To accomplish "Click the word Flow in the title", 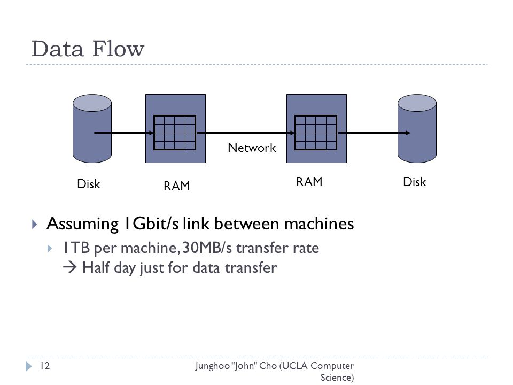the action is pyautogui.click(x=118, y=49).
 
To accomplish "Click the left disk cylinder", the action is pyautogui.click(x=92, y=129).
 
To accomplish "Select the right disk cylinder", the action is pyautogui.click(x=417, y=129).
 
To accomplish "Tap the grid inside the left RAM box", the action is pyautogui.click(x=175, y=133).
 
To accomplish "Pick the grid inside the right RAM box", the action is pyautogui.click(x=316, y=133).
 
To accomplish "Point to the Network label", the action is pyautogui.click(x=252, y=148).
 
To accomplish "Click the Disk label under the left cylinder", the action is pyautogui.click(x=89, y=184).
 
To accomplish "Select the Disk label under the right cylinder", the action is pyautogui.click(x=415, y=182).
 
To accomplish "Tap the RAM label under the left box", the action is pyautogui.click(x=177, y=186).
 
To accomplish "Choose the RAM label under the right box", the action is pyautogui.click(x=309, y=182).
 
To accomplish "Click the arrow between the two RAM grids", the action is pyautogui.click(x=246, y=133).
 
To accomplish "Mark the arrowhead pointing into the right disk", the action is pyautogui.click(x=408, y=133).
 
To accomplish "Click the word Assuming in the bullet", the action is pyautogui.click(x=82, y=225).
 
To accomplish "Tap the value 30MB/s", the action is pyautogui.click(x=207, y=248).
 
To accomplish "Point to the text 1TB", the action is pyautogui.click(x=76, y=248).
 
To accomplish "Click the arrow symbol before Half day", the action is pyautogui.click(x=69, y=267).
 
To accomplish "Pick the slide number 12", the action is pyautogui.click(x=45, y=366).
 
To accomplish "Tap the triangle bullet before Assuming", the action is pyautogui.click(x=34, y=224).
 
